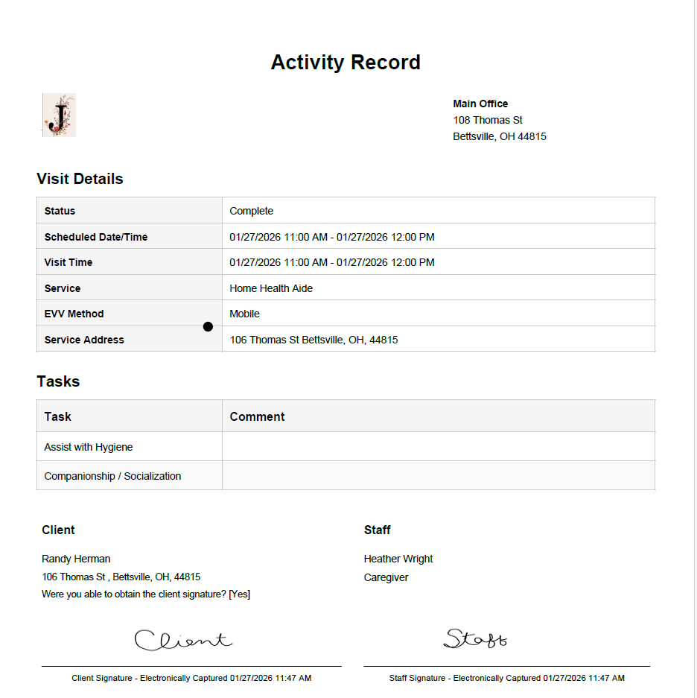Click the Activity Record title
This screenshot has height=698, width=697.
346,63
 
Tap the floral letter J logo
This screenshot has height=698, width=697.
59,115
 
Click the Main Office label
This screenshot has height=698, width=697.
480,104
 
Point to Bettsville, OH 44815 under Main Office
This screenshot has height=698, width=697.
500,136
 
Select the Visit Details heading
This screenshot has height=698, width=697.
80,179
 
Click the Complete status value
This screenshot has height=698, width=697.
251,211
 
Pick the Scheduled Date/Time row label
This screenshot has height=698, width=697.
95,237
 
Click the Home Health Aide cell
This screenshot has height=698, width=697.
271,288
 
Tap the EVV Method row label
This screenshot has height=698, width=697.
74,314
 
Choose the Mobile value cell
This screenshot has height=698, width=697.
244,314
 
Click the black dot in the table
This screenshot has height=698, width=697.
208,326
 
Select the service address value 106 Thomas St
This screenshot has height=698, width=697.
314,340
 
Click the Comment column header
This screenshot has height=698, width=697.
257,416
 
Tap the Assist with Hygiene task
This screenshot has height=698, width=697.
88,447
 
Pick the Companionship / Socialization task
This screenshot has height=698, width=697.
112,476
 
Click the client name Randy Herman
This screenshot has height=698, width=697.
76,559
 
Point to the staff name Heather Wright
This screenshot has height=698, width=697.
398,559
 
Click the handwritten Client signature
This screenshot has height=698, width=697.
182,640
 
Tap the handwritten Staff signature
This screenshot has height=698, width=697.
475,638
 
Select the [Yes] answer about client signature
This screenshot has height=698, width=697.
239,594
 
